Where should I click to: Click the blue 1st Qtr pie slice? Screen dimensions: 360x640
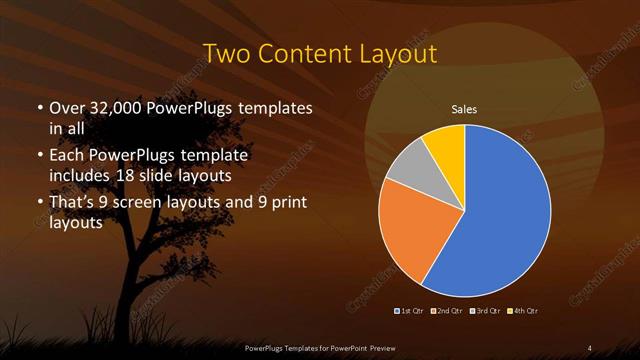(500, 210)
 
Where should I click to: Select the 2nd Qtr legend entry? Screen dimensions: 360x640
(447, 311)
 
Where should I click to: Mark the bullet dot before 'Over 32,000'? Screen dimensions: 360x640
(39, 108)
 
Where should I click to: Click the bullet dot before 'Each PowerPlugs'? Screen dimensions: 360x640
(39, 157)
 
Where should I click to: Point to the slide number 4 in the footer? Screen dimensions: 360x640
(590, 348)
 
